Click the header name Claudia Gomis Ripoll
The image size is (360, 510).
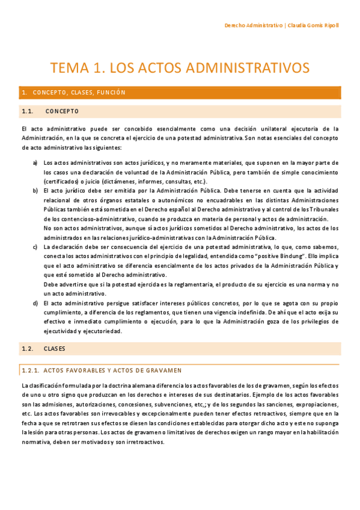pyautogui.click(x=313, y=26)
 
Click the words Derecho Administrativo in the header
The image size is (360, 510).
pyautogui.click(x=253, y=26)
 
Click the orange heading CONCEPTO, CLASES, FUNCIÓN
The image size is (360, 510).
pyautogui.click(x=79, y=93)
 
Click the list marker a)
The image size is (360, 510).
pyautogui.click(x=35, y=163)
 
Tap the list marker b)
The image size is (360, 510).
pyautogui.click(x=35, y=191)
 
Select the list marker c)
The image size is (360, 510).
pyautogui.click(x=35, y=247)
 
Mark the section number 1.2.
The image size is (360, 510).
pyautogui.click(x=26, y=349)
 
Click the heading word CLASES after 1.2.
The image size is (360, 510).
pyautogui.click(x=54, y=349)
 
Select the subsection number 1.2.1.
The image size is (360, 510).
pyautogui.click(x=30, y=370)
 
